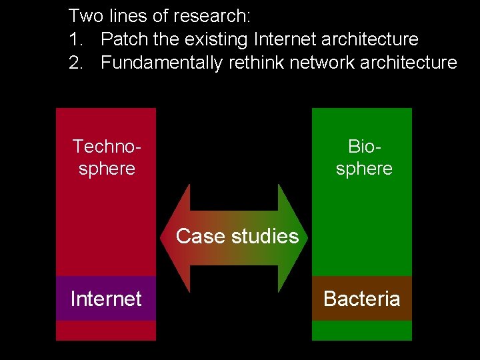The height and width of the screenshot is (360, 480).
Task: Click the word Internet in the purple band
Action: click(106, 299)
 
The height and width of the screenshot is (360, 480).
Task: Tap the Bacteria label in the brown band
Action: click(361, 299)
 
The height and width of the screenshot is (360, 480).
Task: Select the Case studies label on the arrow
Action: click(237, 236)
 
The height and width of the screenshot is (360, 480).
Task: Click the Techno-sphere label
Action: click(107, 157)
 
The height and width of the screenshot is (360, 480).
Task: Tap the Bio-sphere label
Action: click(364, 157)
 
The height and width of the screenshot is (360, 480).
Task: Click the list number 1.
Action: click(74, 39)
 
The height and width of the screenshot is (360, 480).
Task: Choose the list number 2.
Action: click(74, 63)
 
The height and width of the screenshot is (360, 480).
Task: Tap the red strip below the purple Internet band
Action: click(106, 331)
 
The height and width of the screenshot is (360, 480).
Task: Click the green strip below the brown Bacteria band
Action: click(362, 331)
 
